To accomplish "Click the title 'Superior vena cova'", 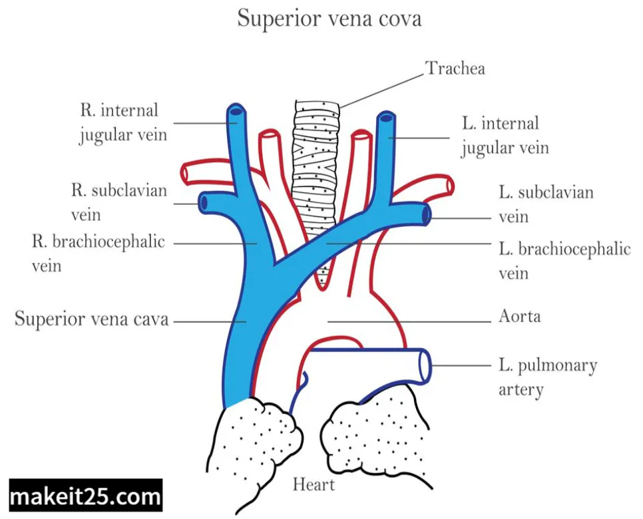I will (x=329, y=19).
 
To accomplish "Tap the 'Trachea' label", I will (x=455, y=69).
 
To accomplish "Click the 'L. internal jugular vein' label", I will (x=504, y=135).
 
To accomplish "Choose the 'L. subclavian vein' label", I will (x=546, y=204).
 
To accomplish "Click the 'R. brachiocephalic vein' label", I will (x=98, y=252).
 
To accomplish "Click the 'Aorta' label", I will (x=519, y=316).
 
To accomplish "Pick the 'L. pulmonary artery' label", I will (x=547, y=377).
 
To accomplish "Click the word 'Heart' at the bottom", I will (x=314, y=484).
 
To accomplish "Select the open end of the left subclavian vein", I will (x=426, y=214).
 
